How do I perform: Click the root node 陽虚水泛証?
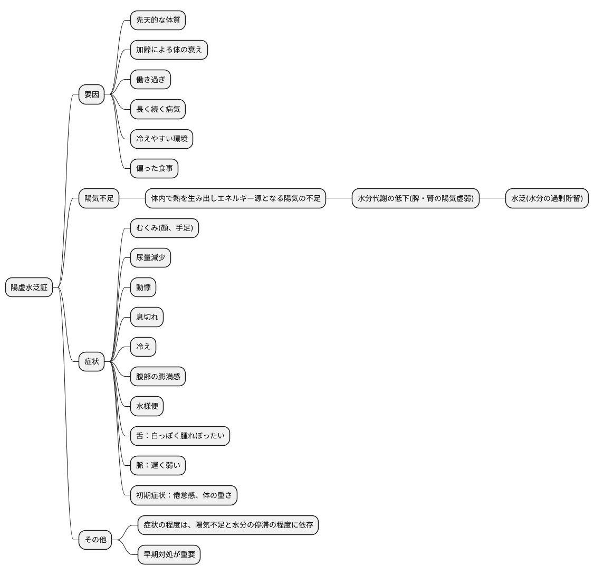(x=29, y=287)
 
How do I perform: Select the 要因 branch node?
(x=91, y=94)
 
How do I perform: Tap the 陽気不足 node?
(x=99, y=198)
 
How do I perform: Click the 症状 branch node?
(x=91, y=361)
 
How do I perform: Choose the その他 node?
(x=95, y=540)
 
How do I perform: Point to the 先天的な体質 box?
(x=158, y=20)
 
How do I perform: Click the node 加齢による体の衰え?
(x=169, y=50)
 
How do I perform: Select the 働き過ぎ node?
(x=151, y=80)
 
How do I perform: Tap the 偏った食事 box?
(x=154, y=169)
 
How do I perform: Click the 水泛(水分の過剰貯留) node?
(x=547, y=198)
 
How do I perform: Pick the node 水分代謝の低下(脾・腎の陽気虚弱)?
(x=416, y=198)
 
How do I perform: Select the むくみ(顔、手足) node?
(x=165, y=228)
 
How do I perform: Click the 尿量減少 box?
(x=151, y=257)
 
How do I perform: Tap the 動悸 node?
(x=143, y=287)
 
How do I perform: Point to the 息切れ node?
(x=147, y=317)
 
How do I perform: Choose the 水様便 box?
(x=147, y=406)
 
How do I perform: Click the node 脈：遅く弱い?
(x=158, y=465)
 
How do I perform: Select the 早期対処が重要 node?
(x=169, y=554)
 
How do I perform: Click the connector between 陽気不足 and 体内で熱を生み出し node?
(x=132, y=198)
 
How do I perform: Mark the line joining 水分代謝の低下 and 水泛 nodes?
(x=493, y=198)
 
